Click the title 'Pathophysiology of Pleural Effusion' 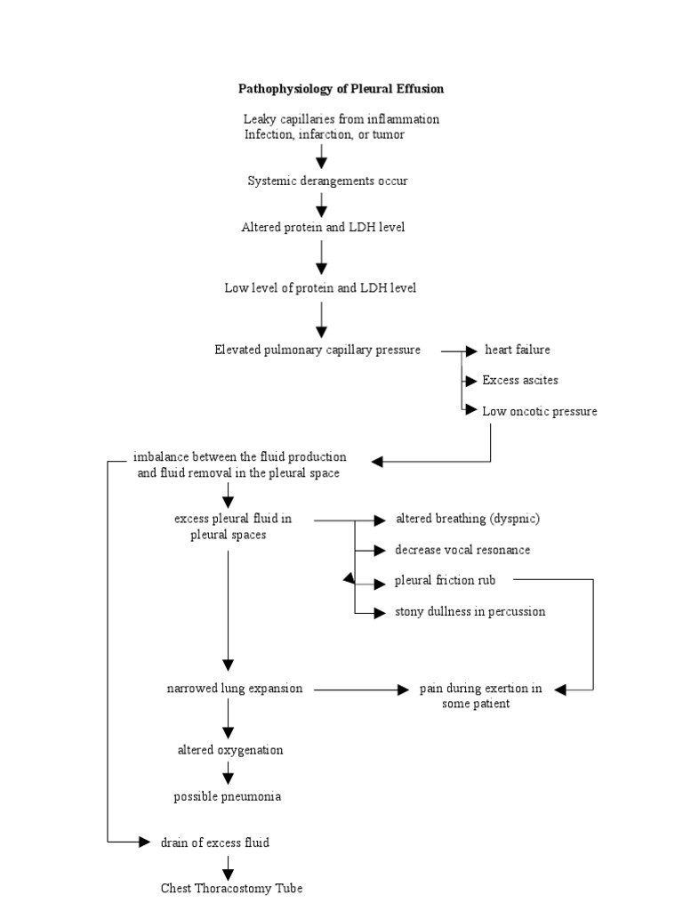click(x=341, y=89)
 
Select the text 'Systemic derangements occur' click(x=327, y=181)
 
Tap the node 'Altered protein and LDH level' click(x=323, y=228)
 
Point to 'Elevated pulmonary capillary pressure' click(x=317, y=351)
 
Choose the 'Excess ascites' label click(x=520, y=381)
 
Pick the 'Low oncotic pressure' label click(x=539, y=412)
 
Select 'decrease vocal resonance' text click(x=462, y=550)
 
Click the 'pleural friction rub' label click(x=446, y=581)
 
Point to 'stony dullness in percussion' click(x=470, y=612)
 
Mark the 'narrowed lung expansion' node click(x=235, y=689)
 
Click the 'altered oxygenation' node click(x=230, y=750)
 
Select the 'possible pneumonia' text click(x=227, y=797)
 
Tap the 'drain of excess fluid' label click(x=214, y=842)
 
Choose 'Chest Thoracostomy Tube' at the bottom click(x=231, y=889)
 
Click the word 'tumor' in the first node click(x=388, y=134)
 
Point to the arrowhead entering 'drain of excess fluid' click(x=145, y=842)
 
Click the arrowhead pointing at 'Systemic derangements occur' click(x=322, y=163)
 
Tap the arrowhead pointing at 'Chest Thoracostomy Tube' click(x=229, y=870)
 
